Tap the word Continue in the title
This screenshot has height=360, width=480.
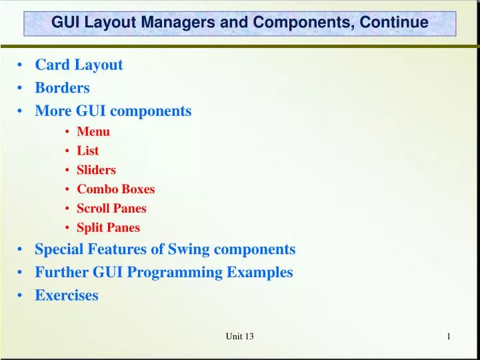click(394, 23)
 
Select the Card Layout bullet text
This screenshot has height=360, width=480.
click(79, 65)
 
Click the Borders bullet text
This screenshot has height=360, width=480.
click(62, 87)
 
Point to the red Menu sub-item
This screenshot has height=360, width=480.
click(93, 131)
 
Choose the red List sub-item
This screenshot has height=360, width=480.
click(87, 151)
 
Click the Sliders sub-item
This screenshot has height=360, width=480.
click(96, 170)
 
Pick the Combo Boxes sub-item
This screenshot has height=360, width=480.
click(115, 189)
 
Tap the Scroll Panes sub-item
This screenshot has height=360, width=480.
click(111, 208)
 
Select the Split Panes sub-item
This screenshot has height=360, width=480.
click(108, 227)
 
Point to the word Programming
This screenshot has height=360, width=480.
click(181, 272)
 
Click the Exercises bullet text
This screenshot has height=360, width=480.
click(67, 295)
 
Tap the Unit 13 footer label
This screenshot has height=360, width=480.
click(239, 337)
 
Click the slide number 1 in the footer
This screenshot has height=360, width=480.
click(449, 337)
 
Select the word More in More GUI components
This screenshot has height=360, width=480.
click(51, 111)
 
